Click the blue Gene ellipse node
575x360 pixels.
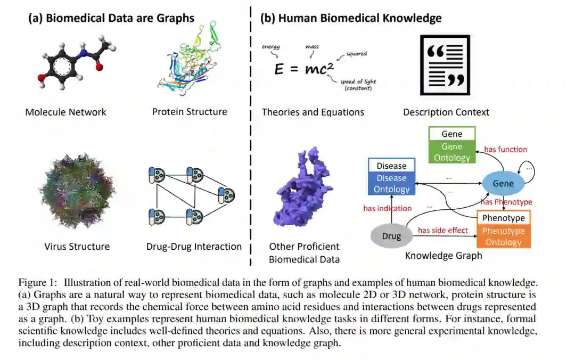click(503, 184)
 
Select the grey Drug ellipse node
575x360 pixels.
click(391, 236)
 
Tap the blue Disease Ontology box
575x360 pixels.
click(391, 184)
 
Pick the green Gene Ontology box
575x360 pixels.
click(452, 152)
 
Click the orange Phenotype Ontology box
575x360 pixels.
click(503, 236)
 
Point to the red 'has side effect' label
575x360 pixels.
click(442, 230)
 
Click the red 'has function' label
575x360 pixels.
click(505, 150)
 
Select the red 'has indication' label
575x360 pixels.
click(387, 208)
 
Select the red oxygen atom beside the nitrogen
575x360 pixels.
click(99, 68)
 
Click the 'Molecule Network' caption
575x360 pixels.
click(65, 112)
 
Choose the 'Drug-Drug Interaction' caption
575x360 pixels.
click(194, 247)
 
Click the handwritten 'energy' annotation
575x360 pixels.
click(270, 47)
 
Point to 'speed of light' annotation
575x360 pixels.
click(360, 81)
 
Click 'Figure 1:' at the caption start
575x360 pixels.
click(38, 282)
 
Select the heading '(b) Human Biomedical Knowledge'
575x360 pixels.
click(350, 18)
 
